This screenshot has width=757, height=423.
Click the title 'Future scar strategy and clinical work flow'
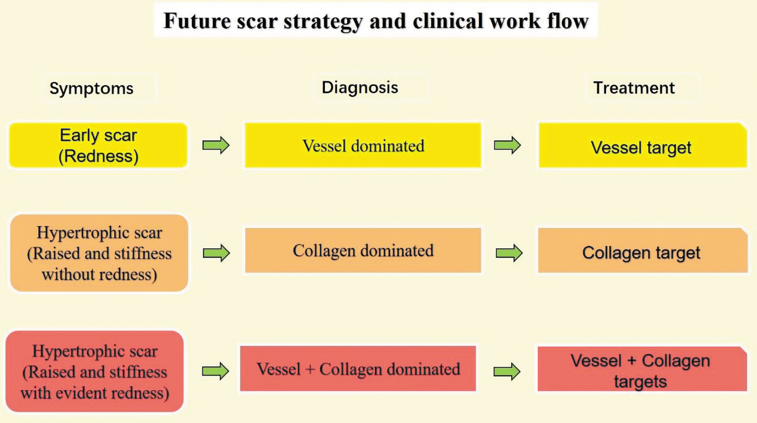pos(376,21)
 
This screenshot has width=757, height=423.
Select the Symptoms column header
pos(91,89)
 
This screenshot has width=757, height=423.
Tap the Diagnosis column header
pos(360,87)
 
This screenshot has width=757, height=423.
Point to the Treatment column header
pos(634,88)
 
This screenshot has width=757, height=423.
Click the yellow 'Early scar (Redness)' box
pos(98,145)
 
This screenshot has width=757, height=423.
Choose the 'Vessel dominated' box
pos(363,145)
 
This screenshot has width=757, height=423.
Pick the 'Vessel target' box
pos(642,145)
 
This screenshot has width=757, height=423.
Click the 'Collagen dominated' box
pos(363,250)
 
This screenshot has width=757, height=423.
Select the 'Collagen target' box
pos(642,250)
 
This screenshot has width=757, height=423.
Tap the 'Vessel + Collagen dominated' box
pos(358,368)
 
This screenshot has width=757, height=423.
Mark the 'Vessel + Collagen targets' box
pos(642,369)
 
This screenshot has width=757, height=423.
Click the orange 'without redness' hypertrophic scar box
pos(99,253)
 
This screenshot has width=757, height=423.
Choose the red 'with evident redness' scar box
pos(95,372)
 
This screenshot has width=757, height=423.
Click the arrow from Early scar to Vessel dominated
pos(216,145)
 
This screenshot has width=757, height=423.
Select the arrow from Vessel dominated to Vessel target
pos(507,145)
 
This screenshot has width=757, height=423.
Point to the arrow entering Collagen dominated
pos(217,253)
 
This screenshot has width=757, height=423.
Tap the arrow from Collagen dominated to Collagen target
pos(509,253)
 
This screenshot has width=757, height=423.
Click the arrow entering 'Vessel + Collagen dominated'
pos(215,371)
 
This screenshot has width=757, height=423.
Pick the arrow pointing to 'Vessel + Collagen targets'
pos(507,372)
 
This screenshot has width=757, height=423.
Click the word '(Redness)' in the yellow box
pos(98,156)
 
